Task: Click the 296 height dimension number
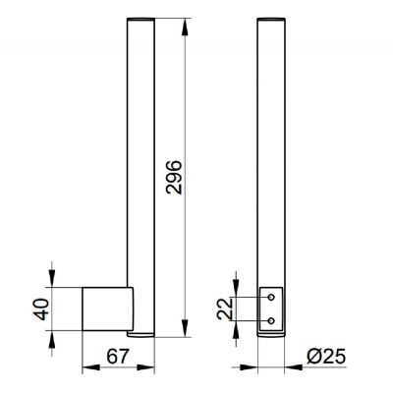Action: tap(174, 177)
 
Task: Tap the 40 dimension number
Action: tap(41, 309)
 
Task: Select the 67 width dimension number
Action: tap(117, 357)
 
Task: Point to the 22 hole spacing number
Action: tap(225, 309)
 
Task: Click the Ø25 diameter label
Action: tap(326, 357)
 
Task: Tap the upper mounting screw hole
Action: tap(271, 297)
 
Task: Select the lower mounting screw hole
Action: tap(271, 321)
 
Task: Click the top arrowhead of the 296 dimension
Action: tap(185, 28)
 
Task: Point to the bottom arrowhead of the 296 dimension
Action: tap(185, 328)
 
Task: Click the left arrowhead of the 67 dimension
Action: tap(90, 367)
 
